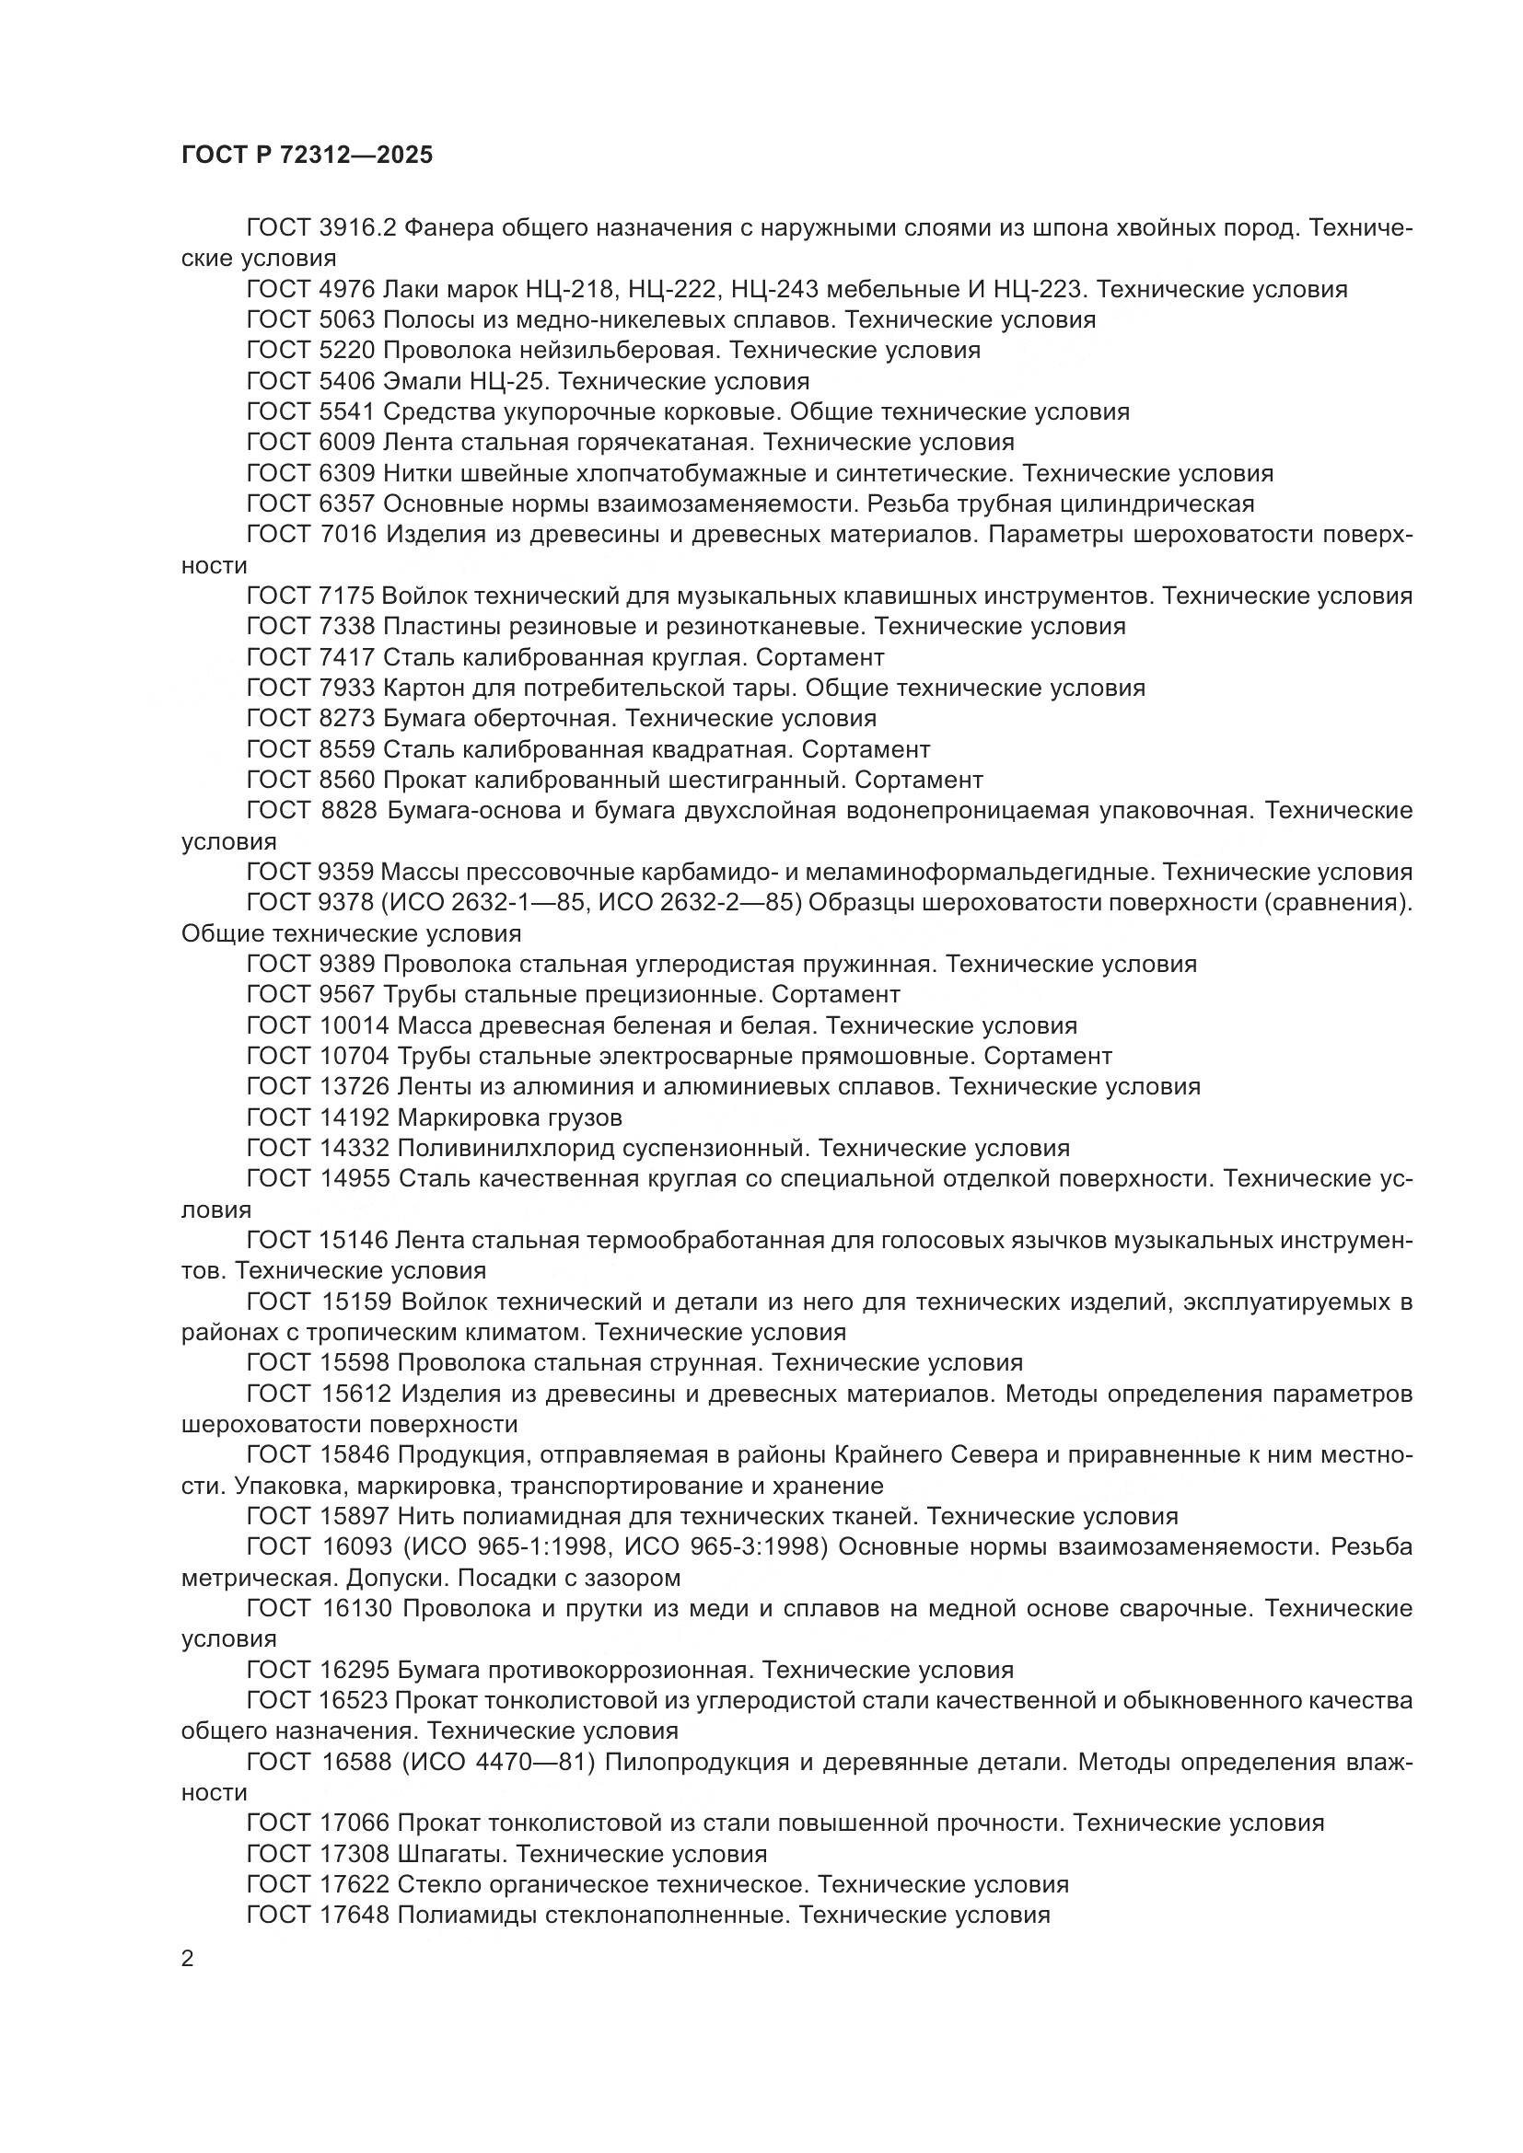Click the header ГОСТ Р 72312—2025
[307, 156]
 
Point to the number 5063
[347, 319]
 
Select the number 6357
[347, 504]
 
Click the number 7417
[347, 657]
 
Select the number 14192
[355, 1117]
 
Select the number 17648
[355, 1915]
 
